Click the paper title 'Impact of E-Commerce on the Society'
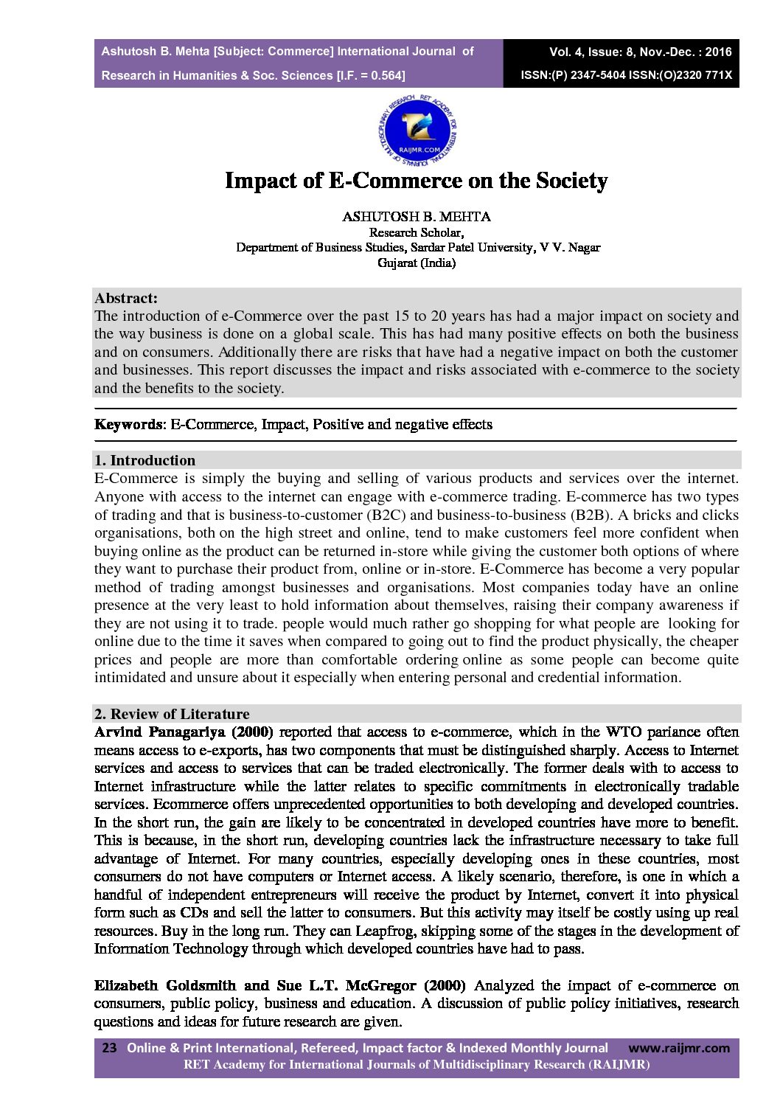click(x=417, y=181)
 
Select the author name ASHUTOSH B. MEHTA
click(x=417, y=217)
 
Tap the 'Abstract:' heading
click(x=126, y=299)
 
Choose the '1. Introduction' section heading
click(x=145, y=461)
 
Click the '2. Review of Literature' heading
click(x=172, y=714)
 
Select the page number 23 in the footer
click(x=109, y=1048)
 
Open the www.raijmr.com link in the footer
click(x=679, y=1048)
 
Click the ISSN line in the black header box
click(x=626, y=75)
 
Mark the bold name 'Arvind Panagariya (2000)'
click(x=184, y=732)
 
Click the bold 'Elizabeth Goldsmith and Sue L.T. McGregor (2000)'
click(x=279, y=985)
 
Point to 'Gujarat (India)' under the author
click(x=417, y=263)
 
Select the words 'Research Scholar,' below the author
click(x=417, y=232)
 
